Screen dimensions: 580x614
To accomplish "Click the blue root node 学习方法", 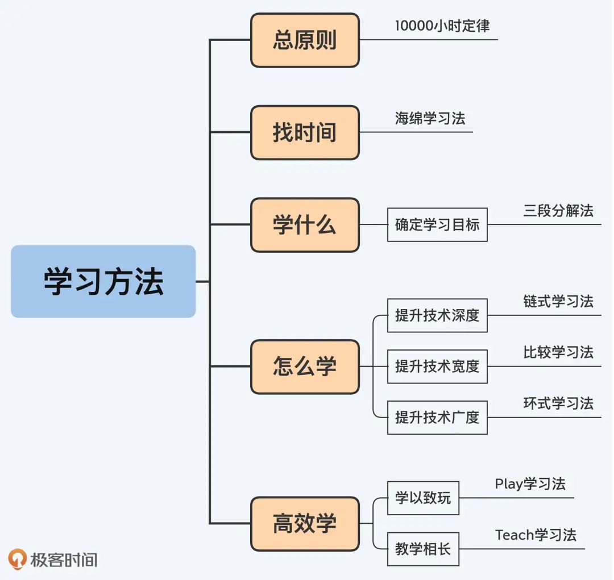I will pyautogui.click(x=103, y=281).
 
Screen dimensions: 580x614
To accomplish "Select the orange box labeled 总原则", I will pyautogui.click(x=305, y=40).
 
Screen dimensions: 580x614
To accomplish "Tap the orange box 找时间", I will pyautogui.click(x=305, y=132).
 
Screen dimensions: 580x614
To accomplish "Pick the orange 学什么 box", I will pyautogui.click(x=305, y=225).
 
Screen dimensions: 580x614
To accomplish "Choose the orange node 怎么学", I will pyautogui.click(x=305, y=366).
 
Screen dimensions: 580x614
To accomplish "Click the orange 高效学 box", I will pyautogui.click(x=305, y=524).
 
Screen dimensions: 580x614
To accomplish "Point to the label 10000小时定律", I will pyautogui.click(x=442, y=26).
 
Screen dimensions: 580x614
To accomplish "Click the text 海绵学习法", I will pyautogui.click(x=430, y=118).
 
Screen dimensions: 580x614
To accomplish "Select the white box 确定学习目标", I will pyautogui.click(x=437, y=225).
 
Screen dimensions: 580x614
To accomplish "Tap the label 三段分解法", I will pyautogui.click(x=558, y=211).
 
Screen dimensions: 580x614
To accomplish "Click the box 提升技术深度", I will pyautogui.click(x=437, y=315).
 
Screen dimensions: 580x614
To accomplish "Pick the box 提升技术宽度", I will pyautogui.click(x=437, y=366).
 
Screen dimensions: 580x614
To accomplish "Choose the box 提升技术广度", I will pyautogui.click(x=437, y=418).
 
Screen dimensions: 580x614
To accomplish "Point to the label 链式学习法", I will pyautogui.click(x=558, y=301).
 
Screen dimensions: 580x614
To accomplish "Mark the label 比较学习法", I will pyautogui.click(x=558, y=352).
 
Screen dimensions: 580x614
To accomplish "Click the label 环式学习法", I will pyautogui.click(x=558, y=403).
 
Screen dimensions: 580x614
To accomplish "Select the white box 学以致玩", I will pyautogui.click(x=423, y=498).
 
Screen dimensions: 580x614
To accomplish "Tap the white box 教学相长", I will pyautogui.click(x=423, y=549).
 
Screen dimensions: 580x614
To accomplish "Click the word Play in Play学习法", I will pyautogui.click(x=508, y=485).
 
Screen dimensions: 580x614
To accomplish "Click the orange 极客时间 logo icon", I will pyautogui.click(x=18, y=559).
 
